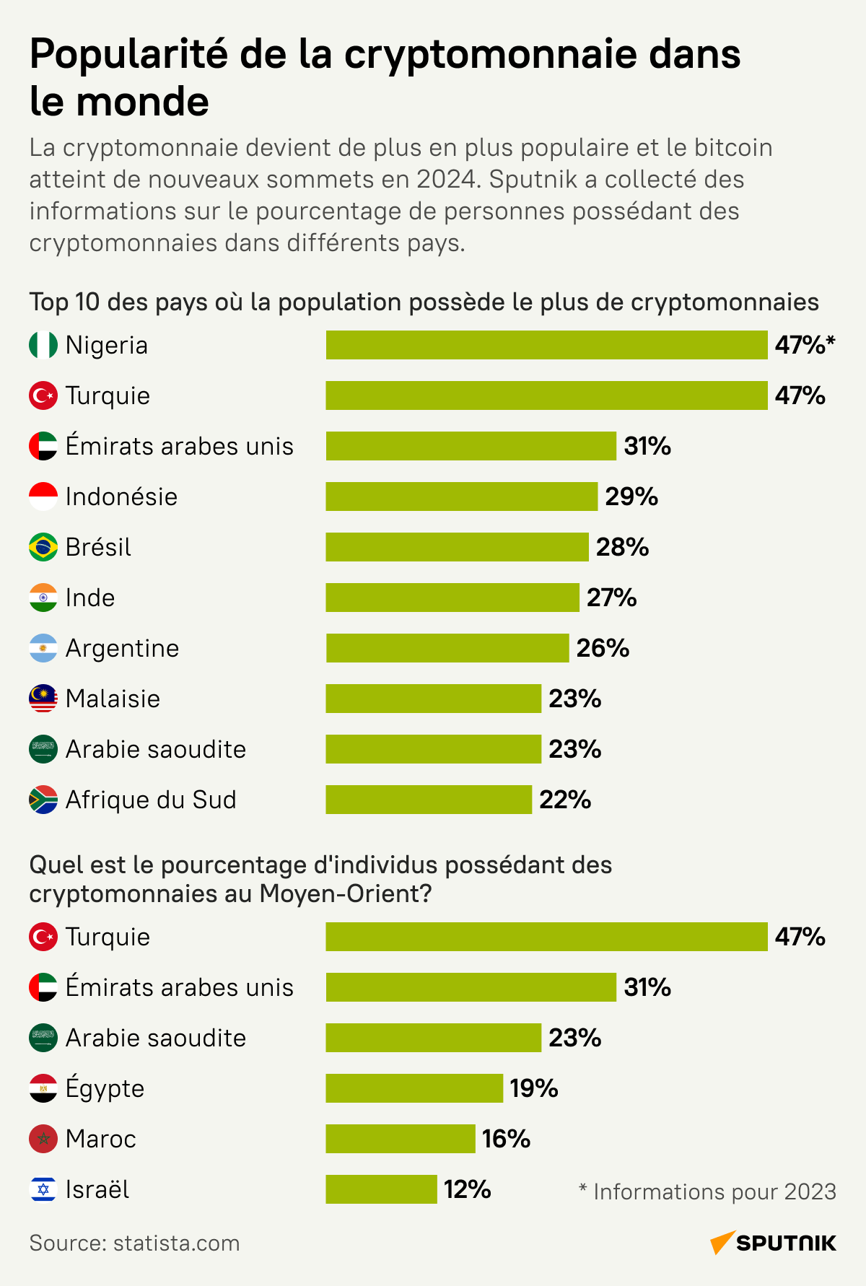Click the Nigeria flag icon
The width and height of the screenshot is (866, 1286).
click(x=43, y=345)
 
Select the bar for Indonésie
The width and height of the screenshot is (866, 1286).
click(x=461, y=497)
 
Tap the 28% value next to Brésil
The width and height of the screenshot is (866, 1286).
click(x=622, y=547)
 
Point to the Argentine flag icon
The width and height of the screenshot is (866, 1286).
click(x=43, y=648)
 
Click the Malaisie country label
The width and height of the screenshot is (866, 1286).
click(x=113, y=699)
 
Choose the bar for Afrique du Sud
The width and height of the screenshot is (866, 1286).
click(x=429, y=800)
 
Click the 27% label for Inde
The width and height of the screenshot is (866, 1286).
click(x=611, y=598)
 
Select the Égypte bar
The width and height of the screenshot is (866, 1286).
click(x=414, y=1088)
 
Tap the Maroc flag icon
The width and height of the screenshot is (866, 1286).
click(x=43, y=1139)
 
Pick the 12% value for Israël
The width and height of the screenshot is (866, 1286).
click(x=467, y=1189)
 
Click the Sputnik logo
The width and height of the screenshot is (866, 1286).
click(x=773, y=1243)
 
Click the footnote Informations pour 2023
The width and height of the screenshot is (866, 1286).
click(x=707, y=1191)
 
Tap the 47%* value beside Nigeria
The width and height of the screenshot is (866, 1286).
click(x=804, y=345)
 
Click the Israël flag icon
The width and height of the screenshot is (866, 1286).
click(x=43, y=1189)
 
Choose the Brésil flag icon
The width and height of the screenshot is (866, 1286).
click(x=43, y=547)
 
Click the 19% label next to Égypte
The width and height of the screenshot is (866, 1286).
click(x=533, y=1088)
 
